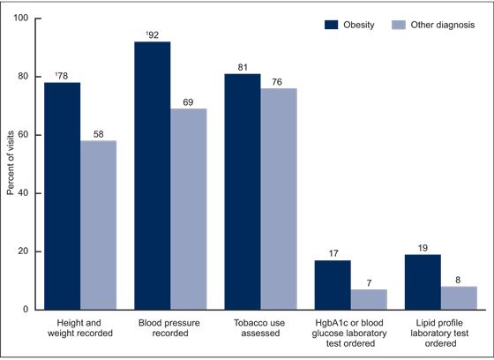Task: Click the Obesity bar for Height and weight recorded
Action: (x=63, y=196)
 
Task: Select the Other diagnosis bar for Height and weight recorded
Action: (x=99, y=225)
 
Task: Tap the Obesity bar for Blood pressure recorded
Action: (x=153, y=176)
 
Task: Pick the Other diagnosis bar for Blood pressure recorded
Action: (x=189, y=209)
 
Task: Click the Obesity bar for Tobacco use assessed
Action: (x=243, y=191)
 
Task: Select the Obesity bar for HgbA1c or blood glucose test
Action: (x=333, y=285)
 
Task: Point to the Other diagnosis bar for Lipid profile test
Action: (x=459, y=298)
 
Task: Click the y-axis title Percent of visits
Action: (x=11, y=164)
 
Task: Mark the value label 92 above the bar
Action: (x=153, y=35)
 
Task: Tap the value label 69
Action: (x=189, y=102)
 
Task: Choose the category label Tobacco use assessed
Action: (x=261, y=326)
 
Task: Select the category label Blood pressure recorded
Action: (x=171, y=326)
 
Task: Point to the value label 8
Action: (x=459, y=281)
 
